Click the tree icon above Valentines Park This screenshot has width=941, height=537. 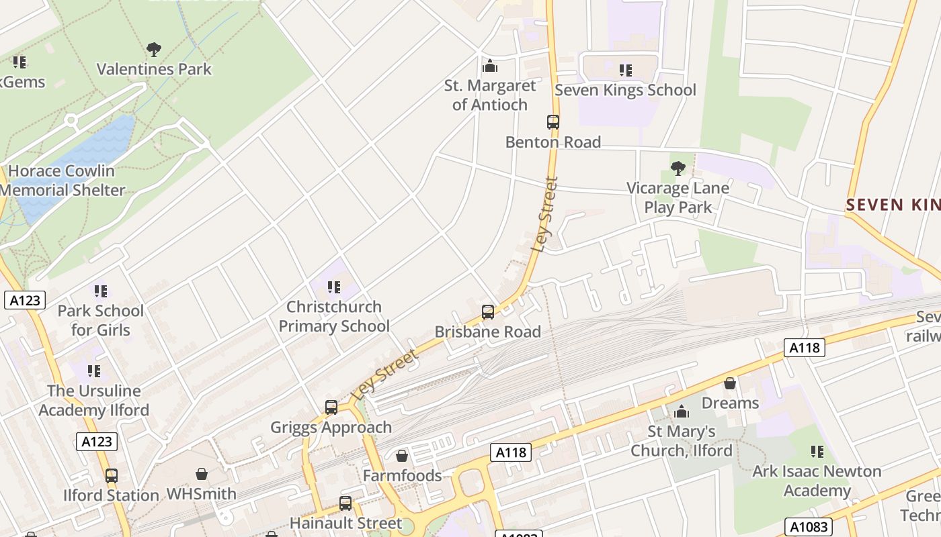[x=154, y=49]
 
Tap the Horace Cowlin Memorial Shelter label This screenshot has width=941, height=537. [x=62, y=181]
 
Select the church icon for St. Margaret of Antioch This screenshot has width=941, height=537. [x=490, y=66]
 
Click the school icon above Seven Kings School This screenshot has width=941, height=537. [x=626, y=70]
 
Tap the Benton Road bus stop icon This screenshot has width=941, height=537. [x=553, y=122]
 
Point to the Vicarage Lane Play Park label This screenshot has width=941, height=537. [x=678, y=197]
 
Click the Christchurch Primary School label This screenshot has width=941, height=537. [x=334, y=316]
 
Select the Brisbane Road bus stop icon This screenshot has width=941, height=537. [x=488, y=312]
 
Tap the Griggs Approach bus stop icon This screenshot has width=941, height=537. [x=331, y=407]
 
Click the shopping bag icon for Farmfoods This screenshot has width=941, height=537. [x=402, y=456]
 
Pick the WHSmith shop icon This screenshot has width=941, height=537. [x=201, y=475]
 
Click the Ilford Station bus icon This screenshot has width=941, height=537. [x=112, y=476]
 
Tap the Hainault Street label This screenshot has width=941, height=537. [x=345, y=523]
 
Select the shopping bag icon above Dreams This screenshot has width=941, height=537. [x=730, y=383]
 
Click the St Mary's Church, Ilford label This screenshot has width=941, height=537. [x=682, y=441]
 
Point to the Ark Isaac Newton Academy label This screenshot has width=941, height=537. [x=817, y=481]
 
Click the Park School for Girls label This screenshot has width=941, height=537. [x=100, y=320]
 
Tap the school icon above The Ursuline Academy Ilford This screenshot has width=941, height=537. [x=94, y=371]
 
